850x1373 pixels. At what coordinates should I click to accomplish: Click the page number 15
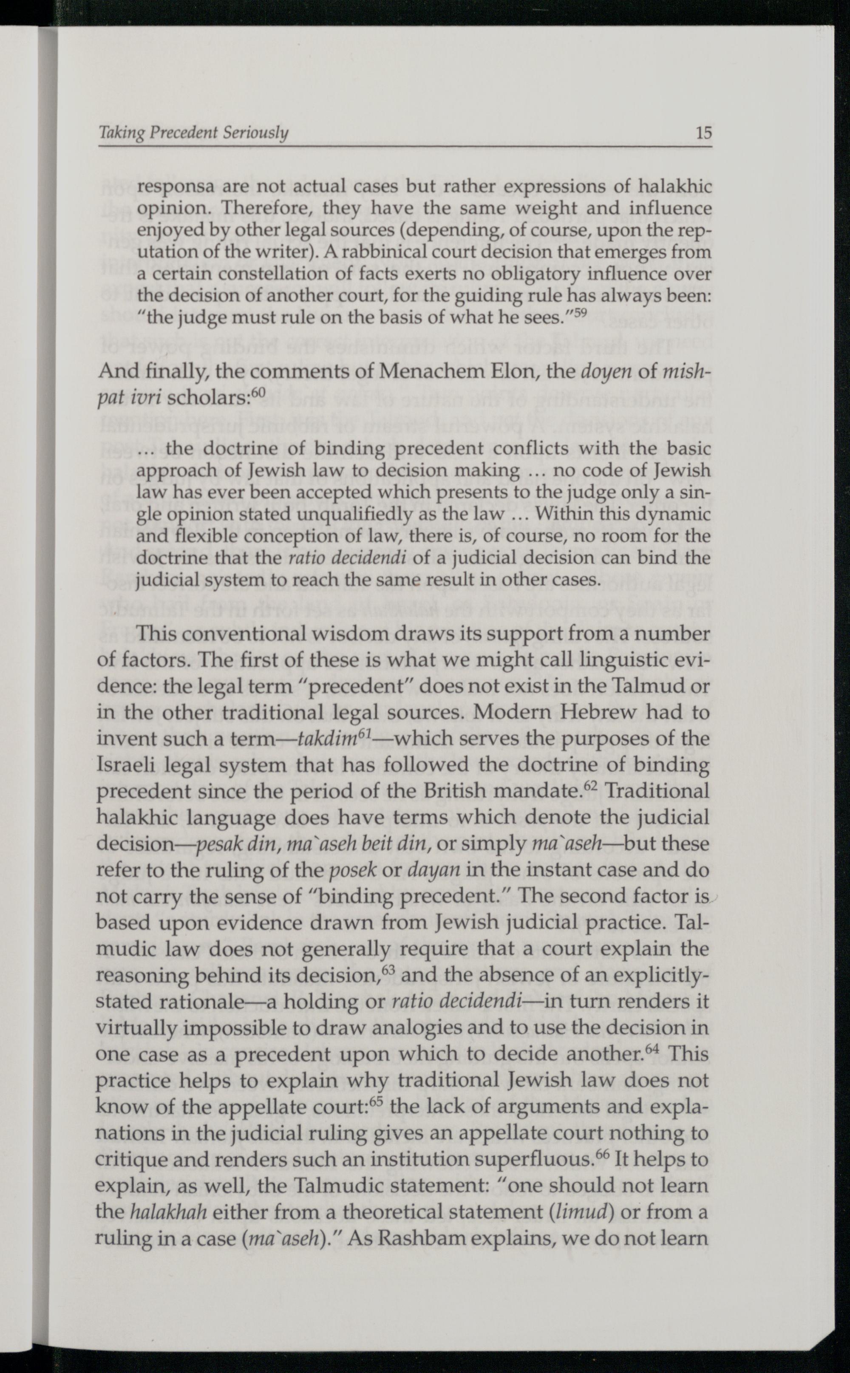pos(703,133)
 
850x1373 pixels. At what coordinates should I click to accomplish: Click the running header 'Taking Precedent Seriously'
pos(193,133)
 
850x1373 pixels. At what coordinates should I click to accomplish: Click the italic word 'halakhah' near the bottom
pos(169,1212)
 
